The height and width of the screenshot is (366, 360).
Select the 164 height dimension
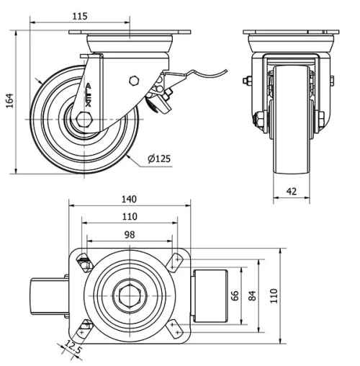9,102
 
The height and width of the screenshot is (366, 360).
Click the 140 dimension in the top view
130,199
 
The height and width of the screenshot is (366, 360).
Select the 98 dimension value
130,233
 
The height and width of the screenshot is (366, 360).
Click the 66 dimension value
234,297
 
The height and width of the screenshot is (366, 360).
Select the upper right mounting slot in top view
176,260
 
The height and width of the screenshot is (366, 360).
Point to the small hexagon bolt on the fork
133,81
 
